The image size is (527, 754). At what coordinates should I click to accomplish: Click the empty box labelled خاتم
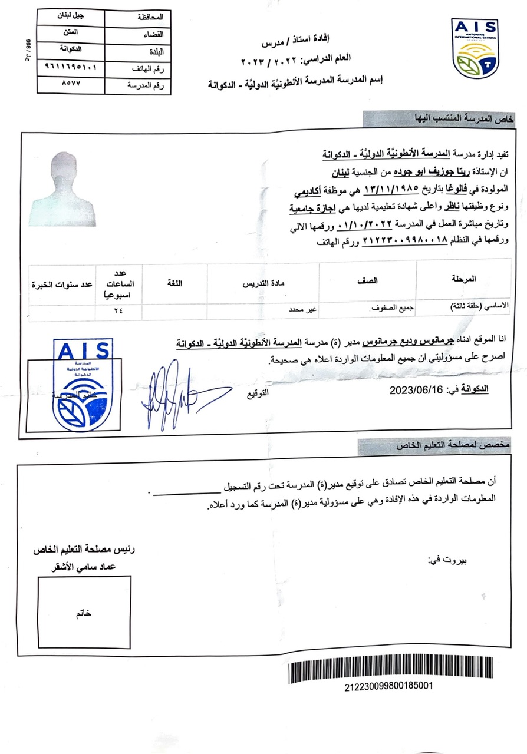pyautogui.click(x=84, y=613)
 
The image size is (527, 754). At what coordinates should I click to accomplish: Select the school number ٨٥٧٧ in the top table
pyautogui.click(x=70, y=84)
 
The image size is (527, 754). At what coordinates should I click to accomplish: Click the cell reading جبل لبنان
pyautogui.click(x=70, y=16)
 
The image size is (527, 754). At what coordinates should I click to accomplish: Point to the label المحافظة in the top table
pyautogui.click(x=149, y=17)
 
